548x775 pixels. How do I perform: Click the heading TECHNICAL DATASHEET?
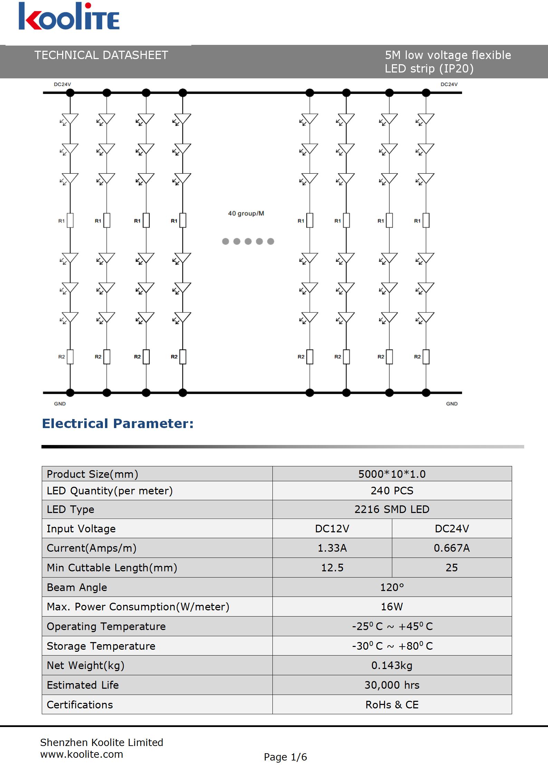pyautogui.click(x=101, y=55)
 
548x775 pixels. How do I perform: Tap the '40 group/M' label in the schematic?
pyautogui.click(x=246, y=213)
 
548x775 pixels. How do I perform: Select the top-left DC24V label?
pyautogui.click(x=63, y=84)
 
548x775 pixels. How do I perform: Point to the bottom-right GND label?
pyautogui.click(x=452, y=404)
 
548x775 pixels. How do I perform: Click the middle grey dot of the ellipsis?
pyautogui.click(x=248, y=241)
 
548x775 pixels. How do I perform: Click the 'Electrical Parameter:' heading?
pyautogui.click(x=118, y=424)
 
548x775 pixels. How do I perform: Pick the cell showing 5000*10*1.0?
pyautogui.click(x=392, y=474)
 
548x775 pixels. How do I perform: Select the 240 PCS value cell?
pyautogui.click(x=392, y=491)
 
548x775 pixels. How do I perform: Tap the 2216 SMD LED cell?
pyautogui.click(x=392, y=509)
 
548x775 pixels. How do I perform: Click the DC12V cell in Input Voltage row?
pyautogui.click(x=332, y=529)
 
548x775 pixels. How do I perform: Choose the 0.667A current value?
pyautogui.click(x=452, y=548)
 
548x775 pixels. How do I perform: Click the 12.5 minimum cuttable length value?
pyautogui.click(x=332, y=568)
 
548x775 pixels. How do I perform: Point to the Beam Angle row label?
pyautogui.click(x=77, y=587)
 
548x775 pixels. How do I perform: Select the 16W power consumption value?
pyautogui.click(x=392, y=607)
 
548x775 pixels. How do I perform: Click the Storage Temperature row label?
pyautogui.click(x=101, y=646)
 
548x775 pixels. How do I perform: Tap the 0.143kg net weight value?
pyautogui.click(x=392, y=665)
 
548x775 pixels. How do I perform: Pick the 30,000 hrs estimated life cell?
pyautogui.click(x=392, y=685)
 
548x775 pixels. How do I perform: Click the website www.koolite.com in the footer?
pyautogui.click(x=82, y=754)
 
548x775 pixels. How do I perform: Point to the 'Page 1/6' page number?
pyautogui.click(x=285, y=757)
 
